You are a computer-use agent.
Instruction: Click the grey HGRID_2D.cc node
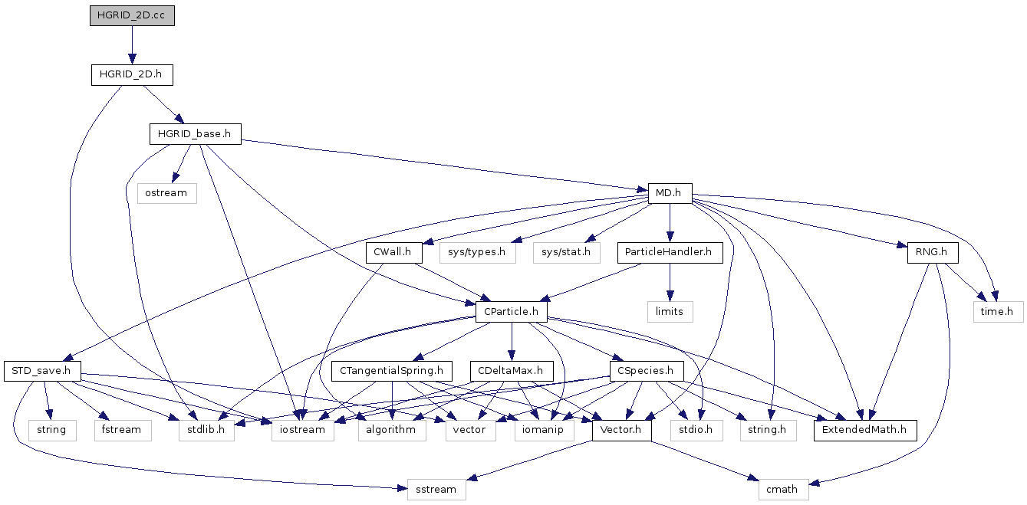[x=132, y=15]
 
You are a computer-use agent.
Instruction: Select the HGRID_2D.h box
[x=132, y=74]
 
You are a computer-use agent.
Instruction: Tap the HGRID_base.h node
[x=196, y=134]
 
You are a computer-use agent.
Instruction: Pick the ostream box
[x=167, y=193]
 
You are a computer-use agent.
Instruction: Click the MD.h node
[x=670, y=193]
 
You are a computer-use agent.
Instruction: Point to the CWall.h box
[x=393, y=253]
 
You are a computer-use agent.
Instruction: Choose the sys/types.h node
[x=477, y=253]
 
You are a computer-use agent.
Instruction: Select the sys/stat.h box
[x=567, y=253]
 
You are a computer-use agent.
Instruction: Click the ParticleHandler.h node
[x=670, y=253]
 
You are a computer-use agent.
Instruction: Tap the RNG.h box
[x=933, y=253]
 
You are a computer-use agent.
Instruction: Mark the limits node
[x=670, y=312]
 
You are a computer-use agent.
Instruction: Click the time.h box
[x=998, y=312]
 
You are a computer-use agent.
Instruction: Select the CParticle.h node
[x=512, y=312]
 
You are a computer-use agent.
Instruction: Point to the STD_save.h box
[x=42, y=371]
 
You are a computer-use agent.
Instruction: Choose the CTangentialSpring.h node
[x=392, y=371]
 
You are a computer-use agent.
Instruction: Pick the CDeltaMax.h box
[x=512, y=371]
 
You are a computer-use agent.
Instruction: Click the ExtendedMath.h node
[x=865, y=431]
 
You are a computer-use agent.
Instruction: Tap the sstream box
[x=436, y=490]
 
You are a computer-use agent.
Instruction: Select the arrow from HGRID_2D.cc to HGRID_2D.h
[x=132, y=45]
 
